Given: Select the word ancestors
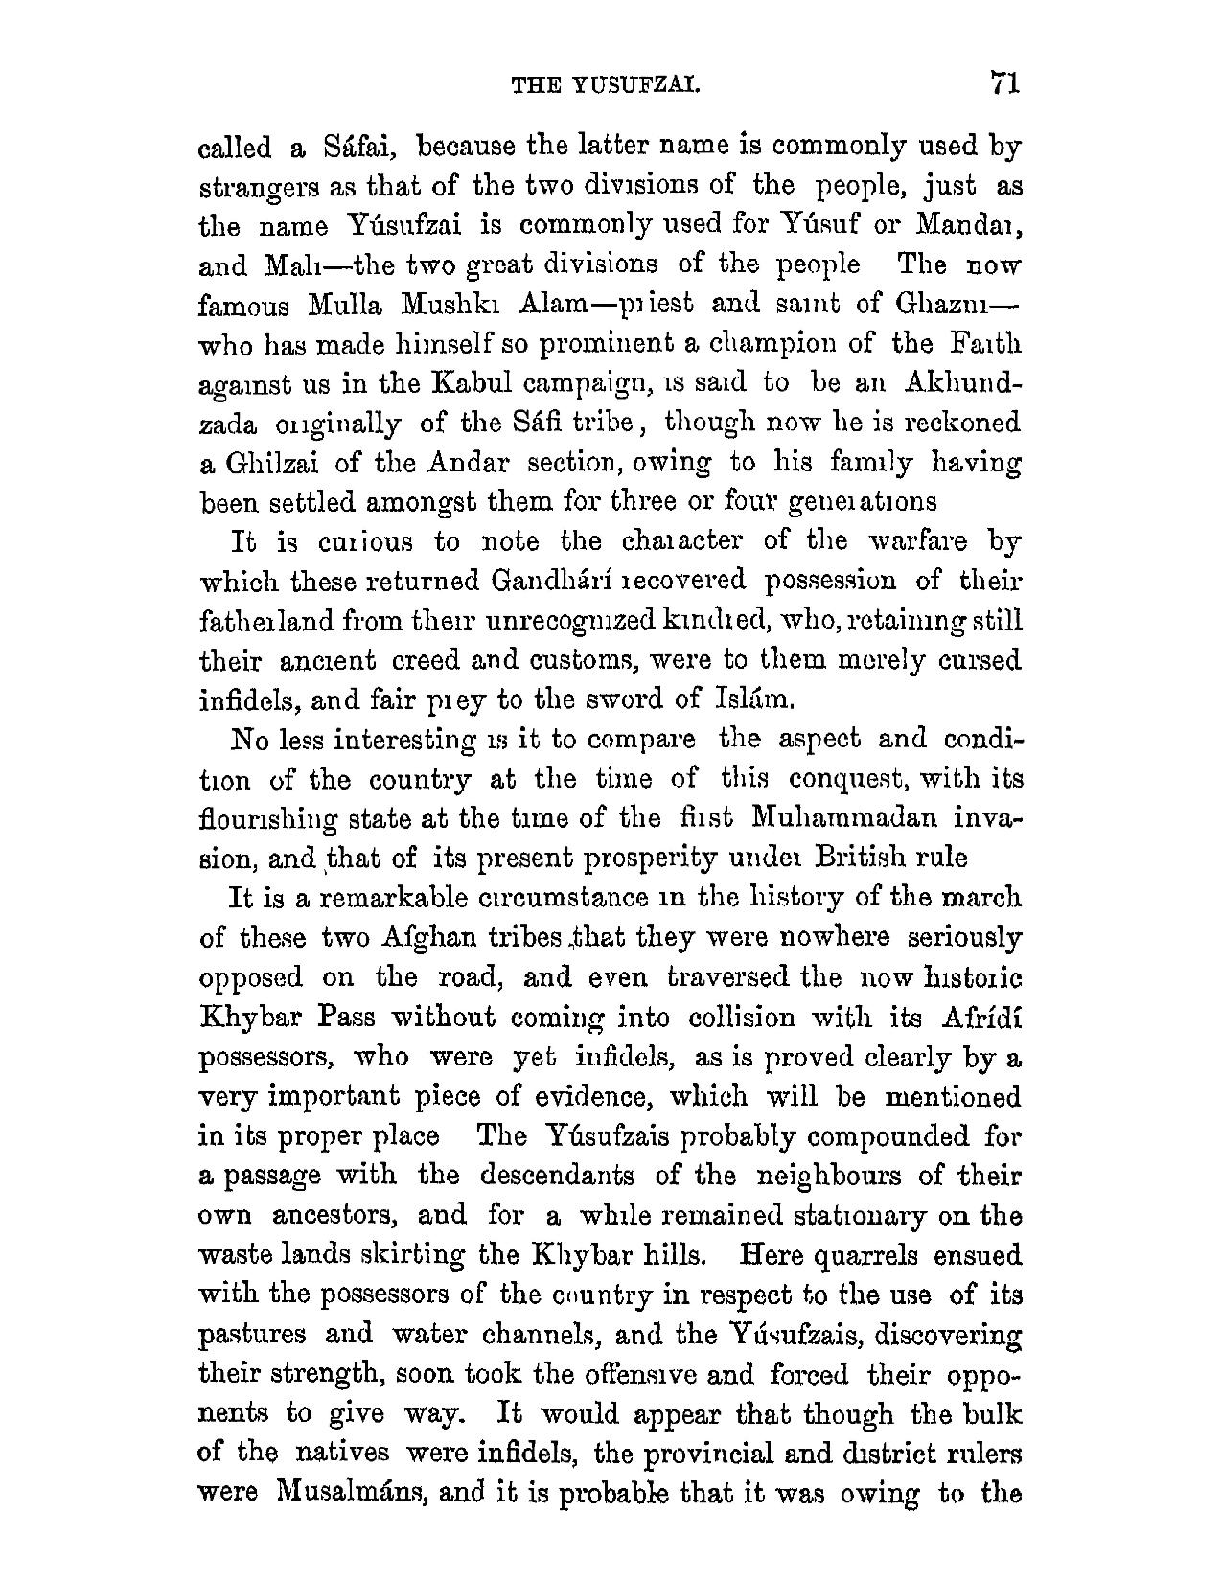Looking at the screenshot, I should click(x=333, y=1215).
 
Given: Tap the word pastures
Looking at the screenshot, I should click(x=252, y=1335).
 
